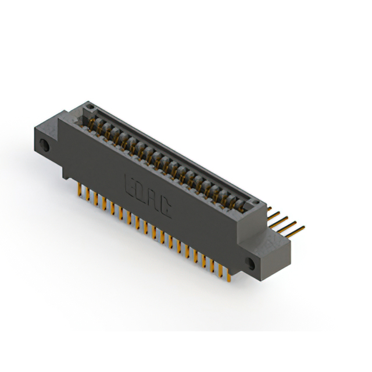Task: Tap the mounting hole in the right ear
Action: coord(250,263)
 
